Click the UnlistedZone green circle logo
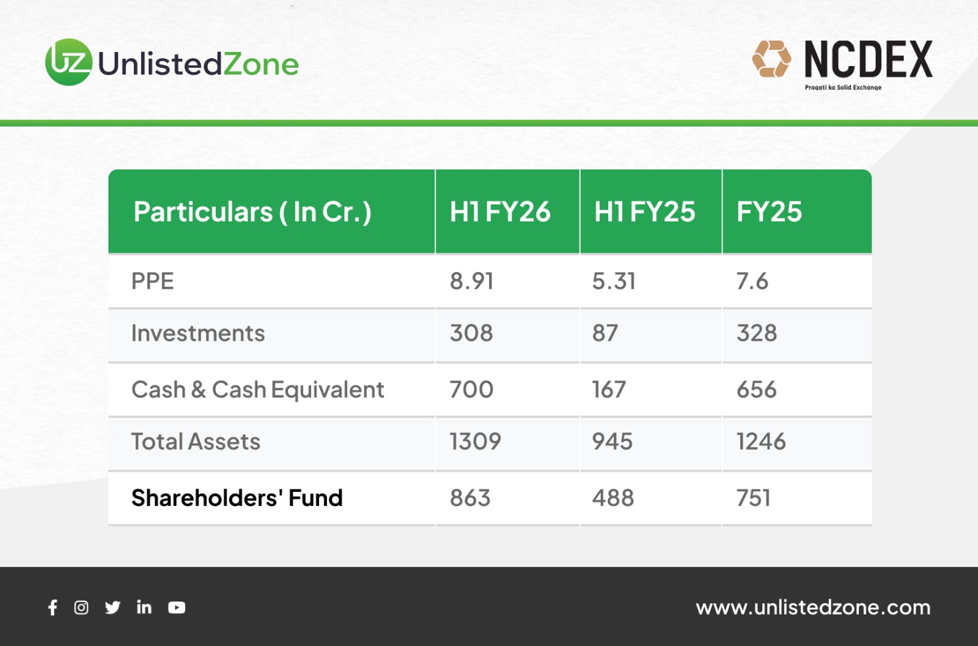tap(69, 62)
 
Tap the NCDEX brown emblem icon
tap(771, 59)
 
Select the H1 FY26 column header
tap(501, 212)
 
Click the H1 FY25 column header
tap(644, 212)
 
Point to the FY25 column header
tap(770, 212)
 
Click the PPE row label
tap(153, 281)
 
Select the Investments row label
tap(198, 333)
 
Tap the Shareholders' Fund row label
tap(237, 498)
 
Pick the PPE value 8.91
tap(471, 281)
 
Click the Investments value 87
tap(605, 333)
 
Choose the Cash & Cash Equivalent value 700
tap(471, 389)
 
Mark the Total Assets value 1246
tap(762, 441)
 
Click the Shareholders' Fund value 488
tap(613, 498)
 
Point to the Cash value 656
tap(757, 389)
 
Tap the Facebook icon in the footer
tap(53, 607)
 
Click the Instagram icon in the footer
tap(81, 607)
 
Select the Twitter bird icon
tap(112, 607)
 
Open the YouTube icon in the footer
tap(177, 607)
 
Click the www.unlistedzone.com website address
tap(813, 607)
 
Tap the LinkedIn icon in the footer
tap(144, 607)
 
